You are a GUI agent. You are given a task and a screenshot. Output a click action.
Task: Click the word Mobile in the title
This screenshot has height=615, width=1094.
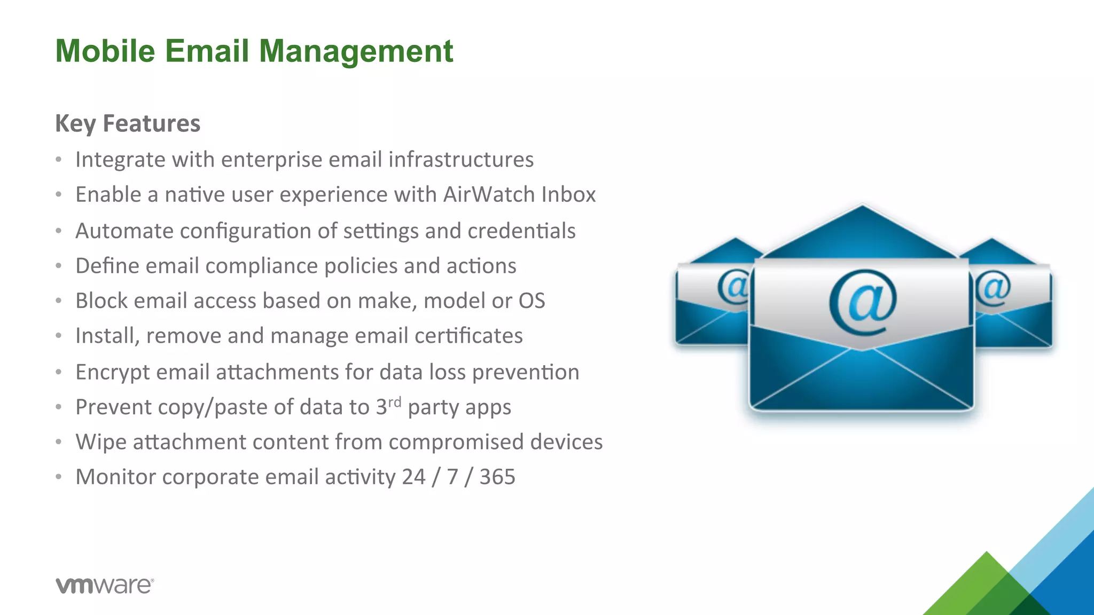coord(105,51)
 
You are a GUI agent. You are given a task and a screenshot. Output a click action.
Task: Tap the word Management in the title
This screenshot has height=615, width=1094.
coord(356,52)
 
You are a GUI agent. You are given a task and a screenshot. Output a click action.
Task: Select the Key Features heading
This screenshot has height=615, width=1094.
coord(128,123)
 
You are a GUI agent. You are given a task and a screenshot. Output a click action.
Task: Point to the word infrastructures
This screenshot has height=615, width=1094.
coord(460,160)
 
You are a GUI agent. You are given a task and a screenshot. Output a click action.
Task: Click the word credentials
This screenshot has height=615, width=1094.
coord(521,231)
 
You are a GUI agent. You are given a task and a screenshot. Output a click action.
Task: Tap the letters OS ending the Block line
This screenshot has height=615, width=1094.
coord(532,301)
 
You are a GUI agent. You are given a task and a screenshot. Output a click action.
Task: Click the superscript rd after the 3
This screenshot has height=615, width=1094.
coord(394,401)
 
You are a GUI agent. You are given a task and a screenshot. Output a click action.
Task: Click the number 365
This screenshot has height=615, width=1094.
coord(497,477)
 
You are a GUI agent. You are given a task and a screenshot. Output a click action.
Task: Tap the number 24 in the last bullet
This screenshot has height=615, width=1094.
coord(413,477)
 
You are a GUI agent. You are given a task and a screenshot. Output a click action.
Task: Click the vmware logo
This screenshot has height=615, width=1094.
coord(105,585)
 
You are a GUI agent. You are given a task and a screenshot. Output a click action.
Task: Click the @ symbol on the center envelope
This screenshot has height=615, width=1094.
coord(863,303)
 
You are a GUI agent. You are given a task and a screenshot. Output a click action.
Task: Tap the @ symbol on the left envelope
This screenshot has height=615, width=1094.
coord(734,287)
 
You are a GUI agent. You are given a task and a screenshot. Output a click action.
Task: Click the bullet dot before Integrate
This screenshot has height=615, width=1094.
coord(59,160)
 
